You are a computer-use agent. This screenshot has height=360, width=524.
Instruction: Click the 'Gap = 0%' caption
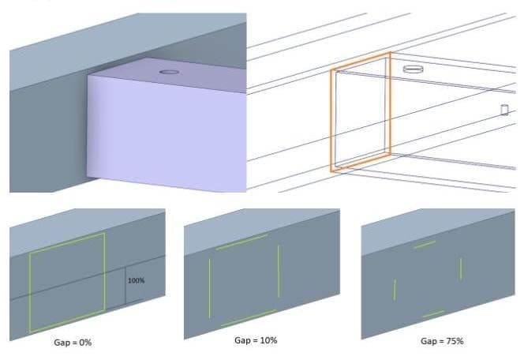pos(73,343)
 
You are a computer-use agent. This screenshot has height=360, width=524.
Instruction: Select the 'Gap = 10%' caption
pos(256,340)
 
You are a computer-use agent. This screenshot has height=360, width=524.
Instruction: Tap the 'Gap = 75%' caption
pos(442,341)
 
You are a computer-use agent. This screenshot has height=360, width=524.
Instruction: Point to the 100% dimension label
pos(136,280)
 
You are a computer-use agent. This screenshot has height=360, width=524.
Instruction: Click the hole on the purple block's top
pos(169,72)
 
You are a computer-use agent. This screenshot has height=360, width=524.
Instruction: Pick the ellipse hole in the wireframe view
pos(413,69)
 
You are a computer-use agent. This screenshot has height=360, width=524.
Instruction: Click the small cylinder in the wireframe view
pos(504,110)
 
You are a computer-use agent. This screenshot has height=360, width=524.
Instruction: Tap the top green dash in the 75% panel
pos(425,245)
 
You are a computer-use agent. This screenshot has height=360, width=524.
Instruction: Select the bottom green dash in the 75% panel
pos(433,314)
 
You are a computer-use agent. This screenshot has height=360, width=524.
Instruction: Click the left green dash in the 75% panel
pos(395,290)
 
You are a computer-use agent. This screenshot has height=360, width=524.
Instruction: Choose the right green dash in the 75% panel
pos(461,268)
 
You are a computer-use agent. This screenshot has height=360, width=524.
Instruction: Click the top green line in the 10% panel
pos(242,242)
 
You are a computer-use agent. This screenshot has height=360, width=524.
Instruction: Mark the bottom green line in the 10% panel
pos(249,318)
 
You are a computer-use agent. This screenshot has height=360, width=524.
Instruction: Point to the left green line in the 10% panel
pos(210,288)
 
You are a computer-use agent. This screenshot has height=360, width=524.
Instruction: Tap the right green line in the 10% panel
pos(279,272)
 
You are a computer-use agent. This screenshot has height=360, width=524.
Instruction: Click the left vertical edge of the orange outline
pos(331,121)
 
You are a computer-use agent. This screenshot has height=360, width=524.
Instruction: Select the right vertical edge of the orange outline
pos(390,103)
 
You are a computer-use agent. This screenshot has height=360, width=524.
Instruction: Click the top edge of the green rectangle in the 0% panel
pos(67,243)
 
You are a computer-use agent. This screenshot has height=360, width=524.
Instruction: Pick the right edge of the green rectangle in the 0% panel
pos(105,272)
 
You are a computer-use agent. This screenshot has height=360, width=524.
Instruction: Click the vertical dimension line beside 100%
pos(125,286)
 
